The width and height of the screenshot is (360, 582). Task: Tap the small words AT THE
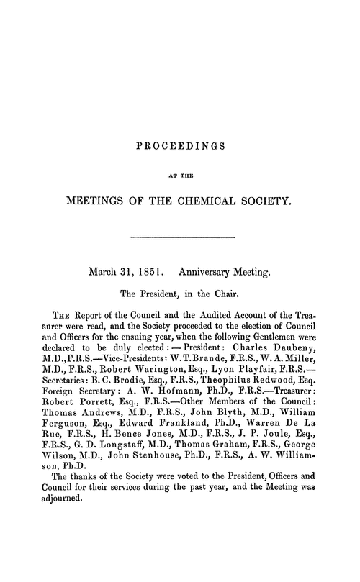[180, 172]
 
